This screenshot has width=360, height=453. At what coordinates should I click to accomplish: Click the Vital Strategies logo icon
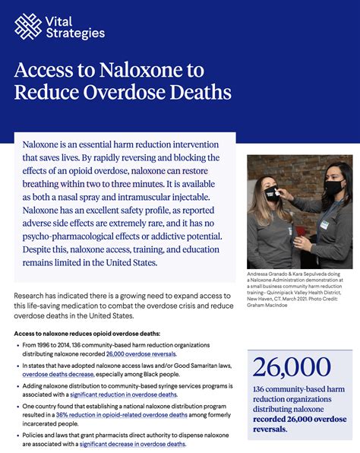click(x=28, y=27)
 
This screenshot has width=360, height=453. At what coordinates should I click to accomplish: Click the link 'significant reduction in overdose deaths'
click(x=124, y=394)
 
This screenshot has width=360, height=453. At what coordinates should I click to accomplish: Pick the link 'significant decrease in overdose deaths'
click(x=133, y=444)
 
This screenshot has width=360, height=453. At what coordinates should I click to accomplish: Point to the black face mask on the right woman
click(x=333, y=185)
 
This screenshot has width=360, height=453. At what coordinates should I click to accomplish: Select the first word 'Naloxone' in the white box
click(x=45, y=144)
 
